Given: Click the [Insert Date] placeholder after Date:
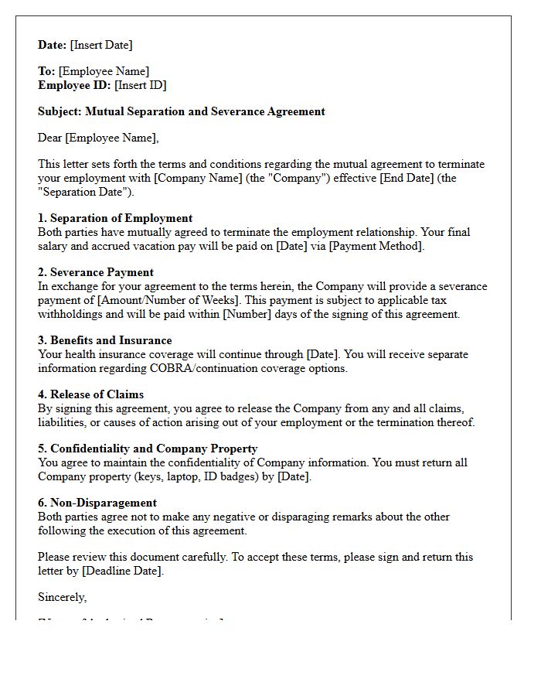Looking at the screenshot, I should pos(101,45).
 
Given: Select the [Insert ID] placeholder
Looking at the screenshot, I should pos(140,85).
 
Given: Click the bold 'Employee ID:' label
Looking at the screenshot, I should pos(74,85).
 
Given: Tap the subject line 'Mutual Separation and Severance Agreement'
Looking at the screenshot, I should pos(205,111).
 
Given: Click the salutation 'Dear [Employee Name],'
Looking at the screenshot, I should pos(98,138).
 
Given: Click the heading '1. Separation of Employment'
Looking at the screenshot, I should pos(115,218).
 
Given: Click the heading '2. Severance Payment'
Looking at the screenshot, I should pos(96,272).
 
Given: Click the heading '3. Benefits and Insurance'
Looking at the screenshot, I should pos(105,340).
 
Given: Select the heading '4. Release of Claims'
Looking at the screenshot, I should pos(90,394).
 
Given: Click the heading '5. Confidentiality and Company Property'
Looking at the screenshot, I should pos(148,449).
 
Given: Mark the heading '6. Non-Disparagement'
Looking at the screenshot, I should pos(97,503).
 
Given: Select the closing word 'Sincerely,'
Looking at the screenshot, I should pos(63,597).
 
